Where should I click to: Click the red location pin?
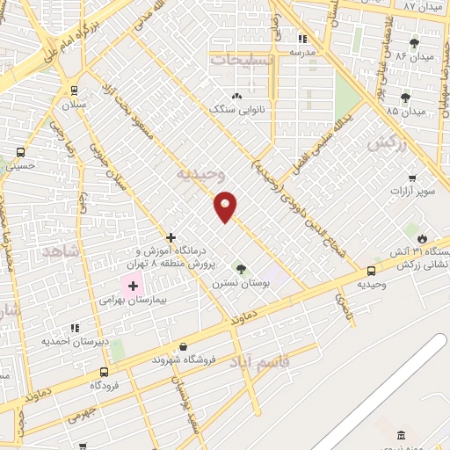[226, 205]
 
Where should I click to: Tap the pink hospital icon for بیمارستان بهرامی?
[133, 285]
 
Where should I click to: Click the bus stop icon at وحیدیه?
[372, 272]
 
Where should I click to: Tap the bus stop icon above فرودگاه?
[105, 372]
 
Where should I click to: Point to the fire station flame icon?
[422, 239]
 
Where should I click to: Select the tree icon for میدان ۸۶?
[414, 42]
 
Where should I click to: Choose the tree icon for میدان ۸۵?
[404, 98]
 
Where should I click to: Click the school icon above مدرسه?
[303, 39]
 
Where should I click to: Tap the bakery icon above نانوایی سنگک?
[236, 97]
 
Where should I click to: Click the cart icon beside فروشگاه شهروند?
[134, 359]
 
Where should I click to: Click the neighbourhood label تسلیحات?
[242, 59]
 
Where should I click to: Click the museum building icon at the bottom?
[402, 437]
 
